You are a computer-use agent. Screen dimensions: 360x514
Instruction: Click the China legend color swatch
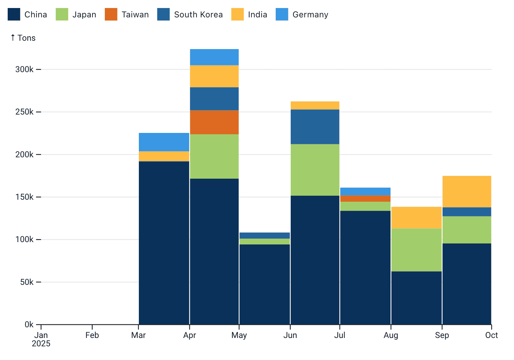click(x=14, y=14)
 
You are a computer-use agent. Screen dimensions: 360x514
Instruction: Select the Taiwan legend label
click(x=135, y=15)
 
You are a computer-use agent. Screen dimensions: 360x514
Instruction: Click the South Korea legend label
click(x=198, y=15)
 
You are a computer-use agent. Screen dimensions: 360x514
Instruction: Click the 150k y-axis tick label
click(x=24, y=197)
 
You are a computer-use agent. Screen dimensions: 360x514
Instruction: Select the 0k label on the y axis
click(x=29, y=325)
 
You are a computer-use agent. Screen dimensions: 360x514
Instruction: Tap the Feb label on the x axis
click(x=92, y=335)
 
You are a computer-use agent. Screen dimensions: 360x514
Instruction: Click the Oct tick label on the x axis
click(x=491, y=335)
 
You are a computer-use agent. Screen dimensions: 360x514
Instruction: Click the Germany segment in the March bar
click(x=164, y=142)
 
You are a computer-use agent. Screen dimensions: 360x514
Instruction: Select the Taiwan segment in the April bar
click(x=214, y=122)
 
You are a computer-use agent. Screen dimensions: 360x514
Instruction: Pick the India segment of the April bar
click(x=214, y=76)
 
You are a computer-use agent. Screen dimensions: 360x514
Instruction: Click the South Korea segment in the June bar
click(x=315, y=127)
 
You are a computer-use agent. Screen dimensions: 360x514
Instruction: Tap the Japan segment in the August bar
click(x=416, y=250)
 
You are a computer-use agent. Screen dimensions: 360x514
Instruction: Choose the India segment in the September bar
click(x=467, y=191)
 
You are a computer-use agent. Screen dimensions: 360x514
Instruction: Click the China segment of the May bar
click(x=265, y=284)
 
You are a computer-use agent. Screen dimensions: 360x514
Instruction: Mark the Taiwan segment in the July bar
click(x=365, y=199)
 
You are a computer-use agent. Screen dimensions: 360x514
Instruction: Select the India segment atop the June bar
click(x=315, y=105)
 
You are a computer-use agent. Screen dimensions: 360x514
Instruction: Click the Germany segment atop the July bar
click(x=365, y=191)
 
